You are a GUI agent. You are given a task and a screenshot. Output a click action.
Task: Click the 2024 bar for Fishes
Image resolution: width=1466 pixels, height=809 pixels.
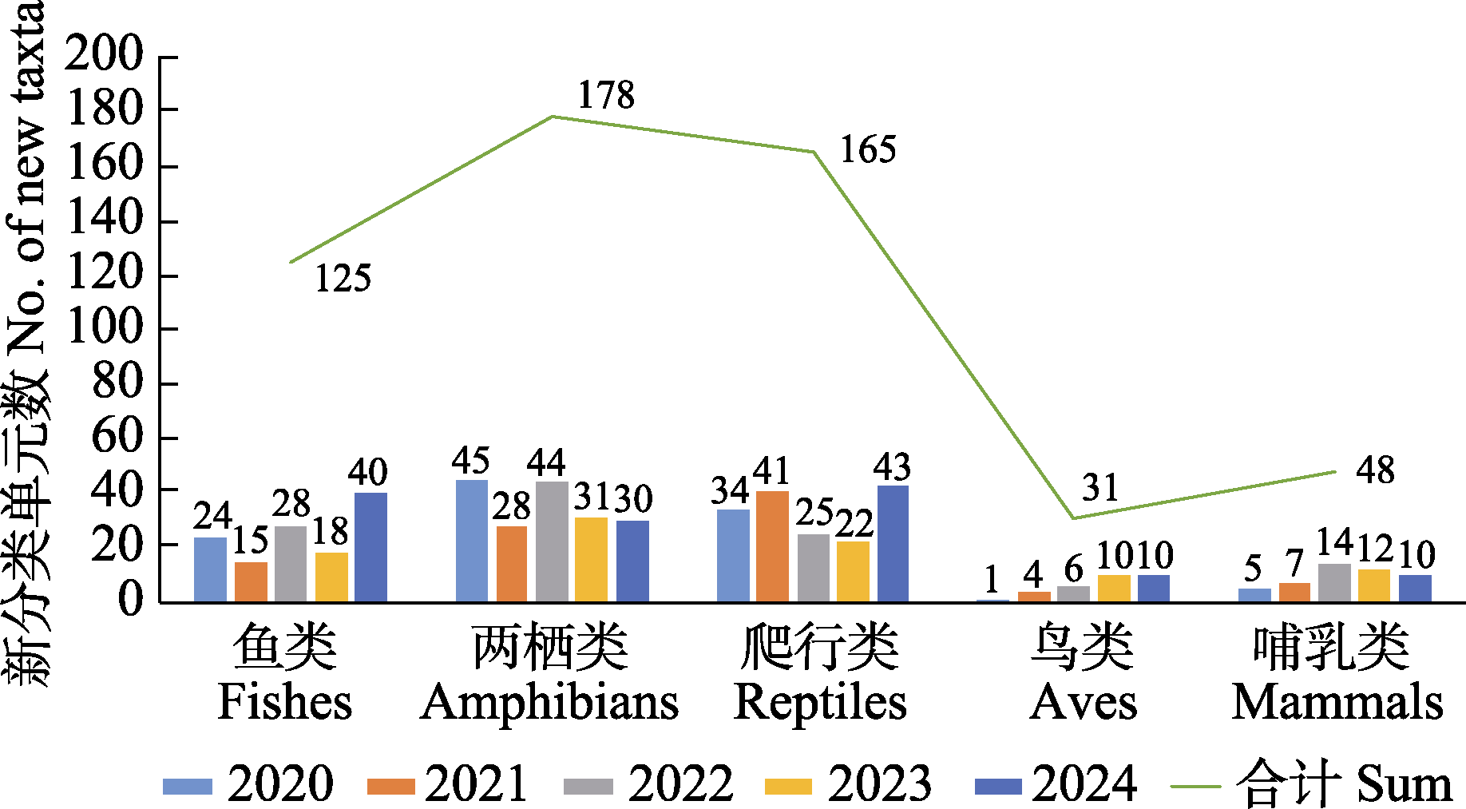coord(370,547)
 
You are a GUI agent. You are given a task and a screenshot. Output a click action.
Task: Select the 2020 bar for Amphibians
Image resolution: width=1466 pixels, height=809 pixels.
coord(471,541)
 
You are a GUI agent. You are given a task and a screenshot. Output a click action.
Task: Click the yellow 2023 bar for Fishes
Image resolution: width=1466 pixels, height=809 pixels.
coord(331,577)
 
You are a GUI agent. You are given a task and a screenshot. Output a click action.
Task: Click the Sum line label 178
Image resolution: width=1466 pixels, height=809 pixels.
coord(606,96)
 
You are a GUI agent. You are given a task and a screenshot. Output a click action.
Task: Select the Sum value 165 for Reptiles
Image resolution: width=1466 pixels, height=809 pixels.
coord(868,150)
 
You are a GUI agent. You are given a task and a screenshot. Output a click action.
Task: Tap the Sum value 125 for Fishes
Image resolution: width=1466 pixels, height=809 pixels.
coord(343,279)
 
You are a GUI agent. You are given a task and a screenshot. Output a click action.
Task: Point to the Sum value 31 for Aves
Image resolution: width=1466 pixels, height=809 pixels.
coord(1100,488)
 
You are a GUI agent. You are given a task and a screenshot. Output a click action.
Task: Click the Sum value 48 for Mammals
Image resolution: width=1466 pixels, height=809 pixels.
coord(1375,470)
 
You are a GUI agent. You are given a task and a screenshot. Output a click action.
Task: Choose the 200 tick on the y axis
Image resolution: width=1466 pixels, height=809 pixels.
coord(104,56)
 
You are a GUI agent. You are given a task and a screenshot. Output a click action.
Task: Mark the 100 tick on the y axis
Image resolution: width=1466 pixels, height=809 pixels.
coord(104,328)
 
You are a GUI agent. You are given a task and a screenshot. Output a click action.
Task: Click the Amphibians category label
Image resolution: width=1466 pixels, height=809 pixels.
coord(549,675)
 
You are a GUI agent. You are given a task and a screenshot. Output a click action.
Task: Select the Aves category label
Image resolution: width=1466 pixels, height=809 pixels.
coord(1083,675)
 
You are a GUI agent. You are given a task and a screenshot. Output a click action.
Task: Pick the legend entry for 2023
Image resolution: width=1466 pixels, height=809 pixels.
coord(848,783)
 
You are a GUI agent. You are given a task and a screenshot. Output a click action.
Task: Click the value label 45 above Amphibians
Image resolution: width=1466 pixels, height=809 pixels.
coord(470,462)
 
